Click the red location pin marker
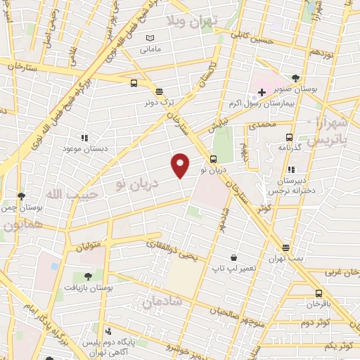click(181, 164)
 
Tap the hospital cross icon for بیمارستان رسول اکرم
click(261, 92)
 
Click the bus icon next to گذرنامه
click(289, 137)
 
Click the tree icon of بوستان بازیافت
click(88, 276)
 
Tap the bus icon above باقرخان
click(319, 293)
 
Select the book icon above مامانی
click(150, 38)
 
